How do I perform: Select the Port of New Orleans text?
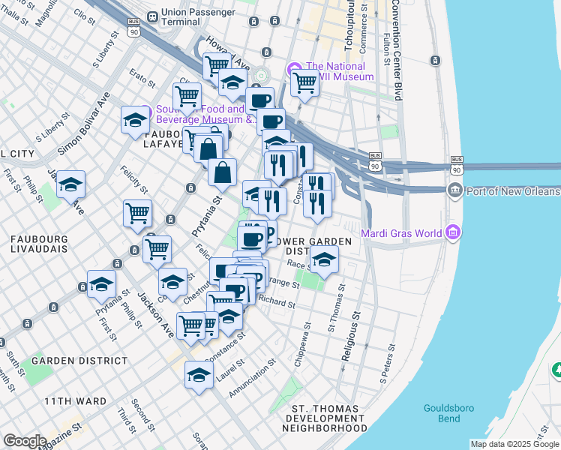tap(512, 190)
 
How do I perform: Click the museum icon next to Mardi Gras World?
tap(451, 233)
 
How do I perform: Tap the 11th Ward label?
tap(74, 401)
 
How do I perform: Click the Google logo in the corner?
tap(25, 441)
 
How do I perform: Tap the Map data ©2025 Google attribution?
tap(514, 444)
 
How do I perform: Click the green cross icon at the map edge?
tap(556, 370)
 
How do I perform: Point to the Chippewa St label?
tap(307, 342)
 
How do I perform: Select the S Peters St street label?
tap(388, 364)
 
